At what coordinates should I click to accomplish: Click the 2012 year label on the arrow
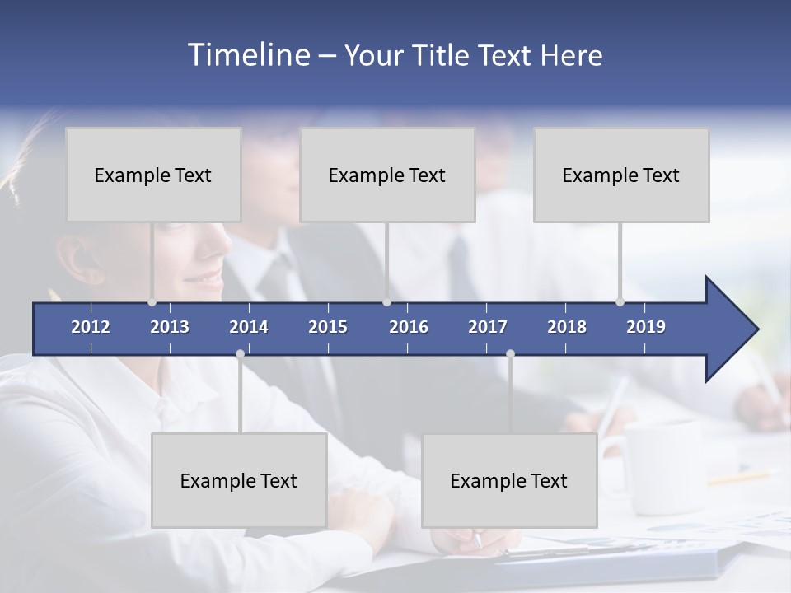[91, 327]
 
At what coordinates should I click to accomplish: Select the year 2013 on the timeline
[170, 327]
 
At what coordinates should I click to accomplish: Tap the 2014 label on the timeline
[249, 327]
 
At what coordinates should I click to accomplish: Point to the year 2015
[328, 327]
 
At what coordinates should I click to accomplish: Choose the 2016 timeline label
[409, 327]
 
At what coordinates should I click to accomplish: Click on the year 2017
[488, 327]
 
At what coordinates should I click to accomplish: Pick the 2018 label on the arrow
[567, 327]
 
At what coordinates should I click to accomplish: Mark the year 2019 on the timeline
[646, 327]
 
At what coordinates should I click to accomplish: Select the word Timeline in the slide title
[248, 55]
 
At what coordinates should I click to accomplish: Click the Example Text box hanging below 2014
[239, 480]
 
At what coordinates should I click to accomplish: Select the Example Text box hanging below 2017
[509, 480]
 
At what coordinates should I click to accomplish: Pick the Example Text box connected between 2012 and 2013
[153, 175]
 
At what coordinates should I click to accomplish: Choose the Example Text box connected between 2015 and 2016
[387, 175]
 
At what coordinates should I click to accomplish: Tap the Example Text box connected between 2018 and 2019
[621, 175]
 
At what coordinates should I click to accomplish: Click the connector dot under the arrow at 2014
[240, 354]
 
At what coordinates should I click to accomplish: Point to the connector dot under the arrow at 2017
[510, 354]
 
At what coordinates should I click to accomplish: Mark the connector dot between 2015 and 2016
[386, 302]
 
